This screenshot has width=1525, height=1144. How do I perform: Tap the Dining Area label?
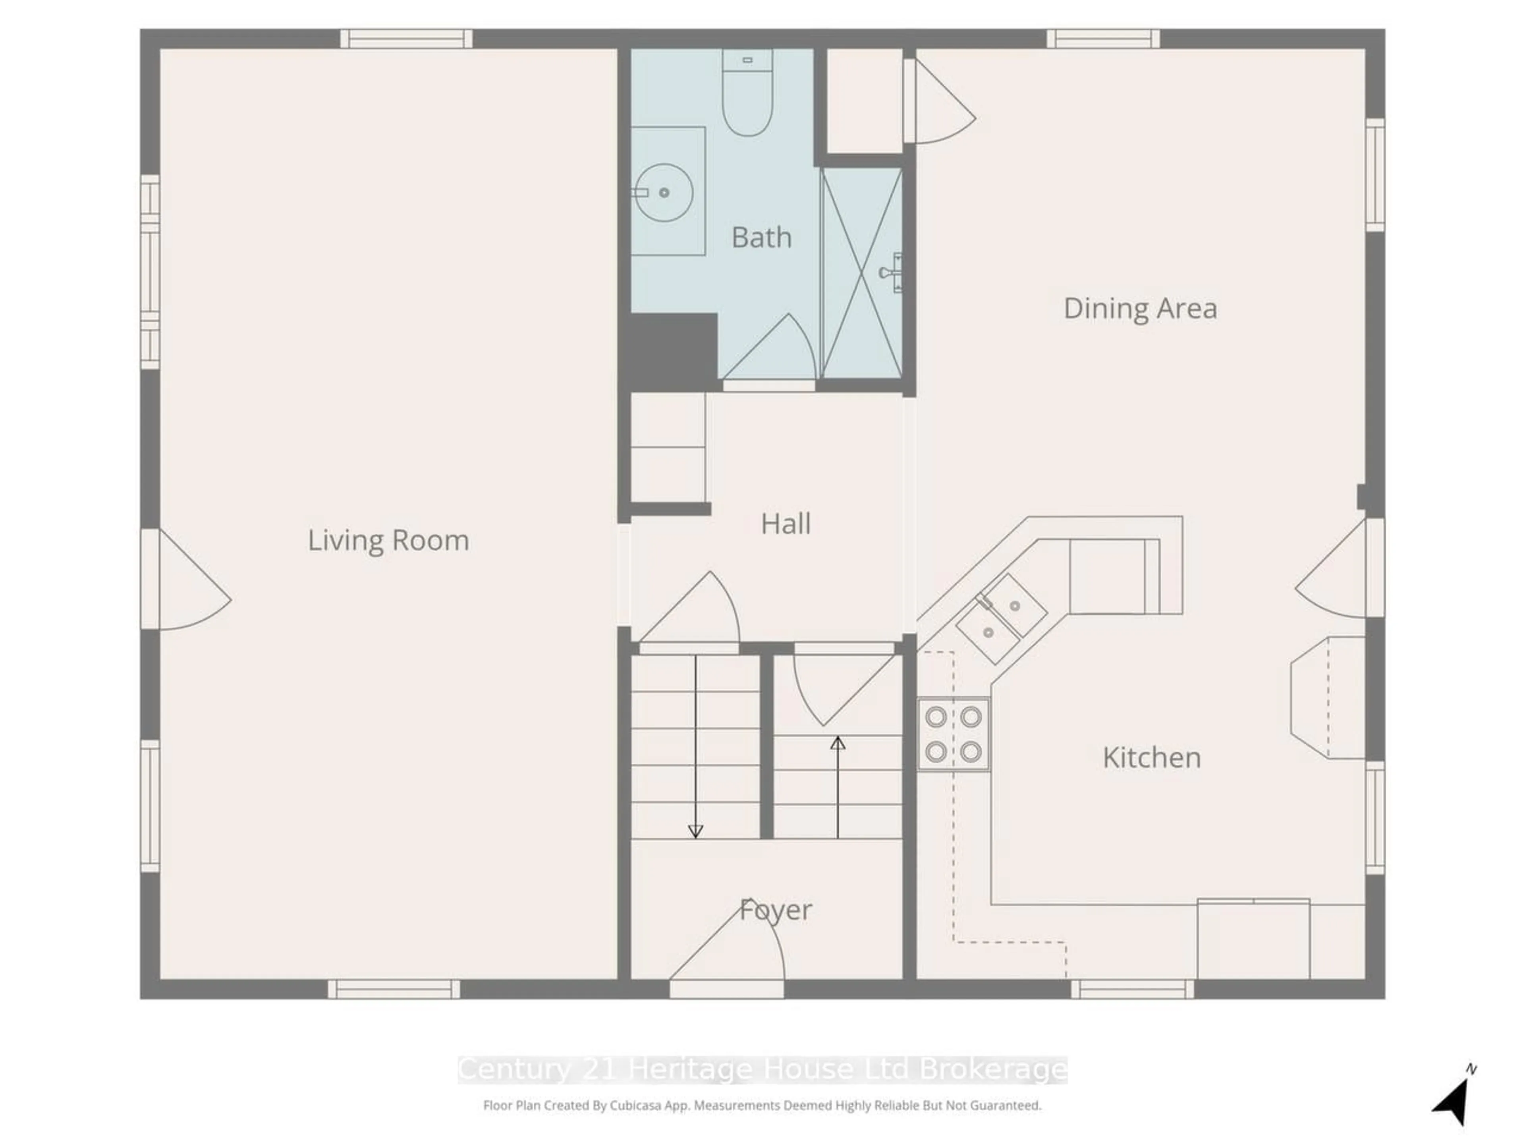coord(1140,308)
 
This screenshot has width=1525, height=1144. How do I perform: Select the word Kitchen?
coord(1151,758)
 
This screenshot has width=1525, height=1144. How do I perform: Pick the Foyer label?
coord(776,910)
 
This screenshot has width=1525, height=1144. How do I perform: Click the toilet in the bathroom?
coord(747,92)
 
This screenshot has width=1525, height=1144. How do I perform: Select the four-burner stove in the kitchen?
coord(954,734)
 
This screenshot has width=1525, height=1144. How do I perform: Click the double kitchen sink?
coord(1001,618)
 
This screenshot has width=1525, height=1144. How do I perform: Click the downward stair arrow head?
coord(696,832)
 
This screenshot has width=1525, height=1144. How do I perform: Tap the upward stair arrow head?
coord(838,743)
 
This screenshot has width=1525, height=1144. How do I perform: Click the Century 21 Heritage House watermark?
coord(762,1070)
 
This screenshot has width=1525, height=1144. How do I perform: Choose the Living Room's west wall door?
coord(186,579)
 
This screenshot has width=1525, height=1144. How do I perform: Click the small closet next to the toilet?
coord(865,100)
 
